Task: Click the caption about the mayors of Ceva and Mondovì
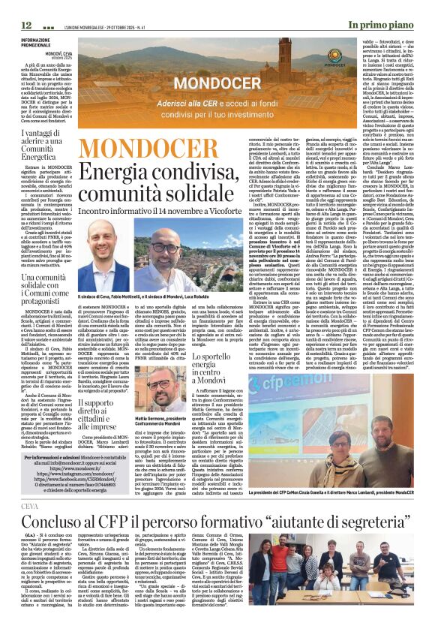coord(155,298)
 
